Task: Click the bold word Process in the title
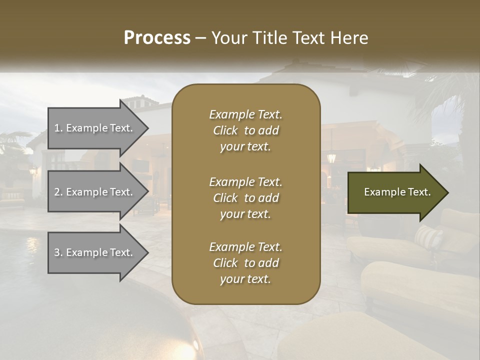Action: (x=157, y=38)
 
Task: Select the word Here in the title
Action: (x=348, y=38)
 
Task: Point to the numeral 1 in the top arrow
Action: (x=57, y=128)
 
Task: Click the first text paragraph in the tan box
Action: (x=245, y=130)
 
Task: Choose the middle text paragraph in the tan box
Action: (x=245, y=197)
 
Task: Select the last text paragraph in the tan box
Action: (x=245, y=263)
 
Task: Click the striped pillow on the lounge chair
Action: (x=428, y=237)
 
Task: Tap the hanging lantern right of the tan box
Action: (x=331, y=157)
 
